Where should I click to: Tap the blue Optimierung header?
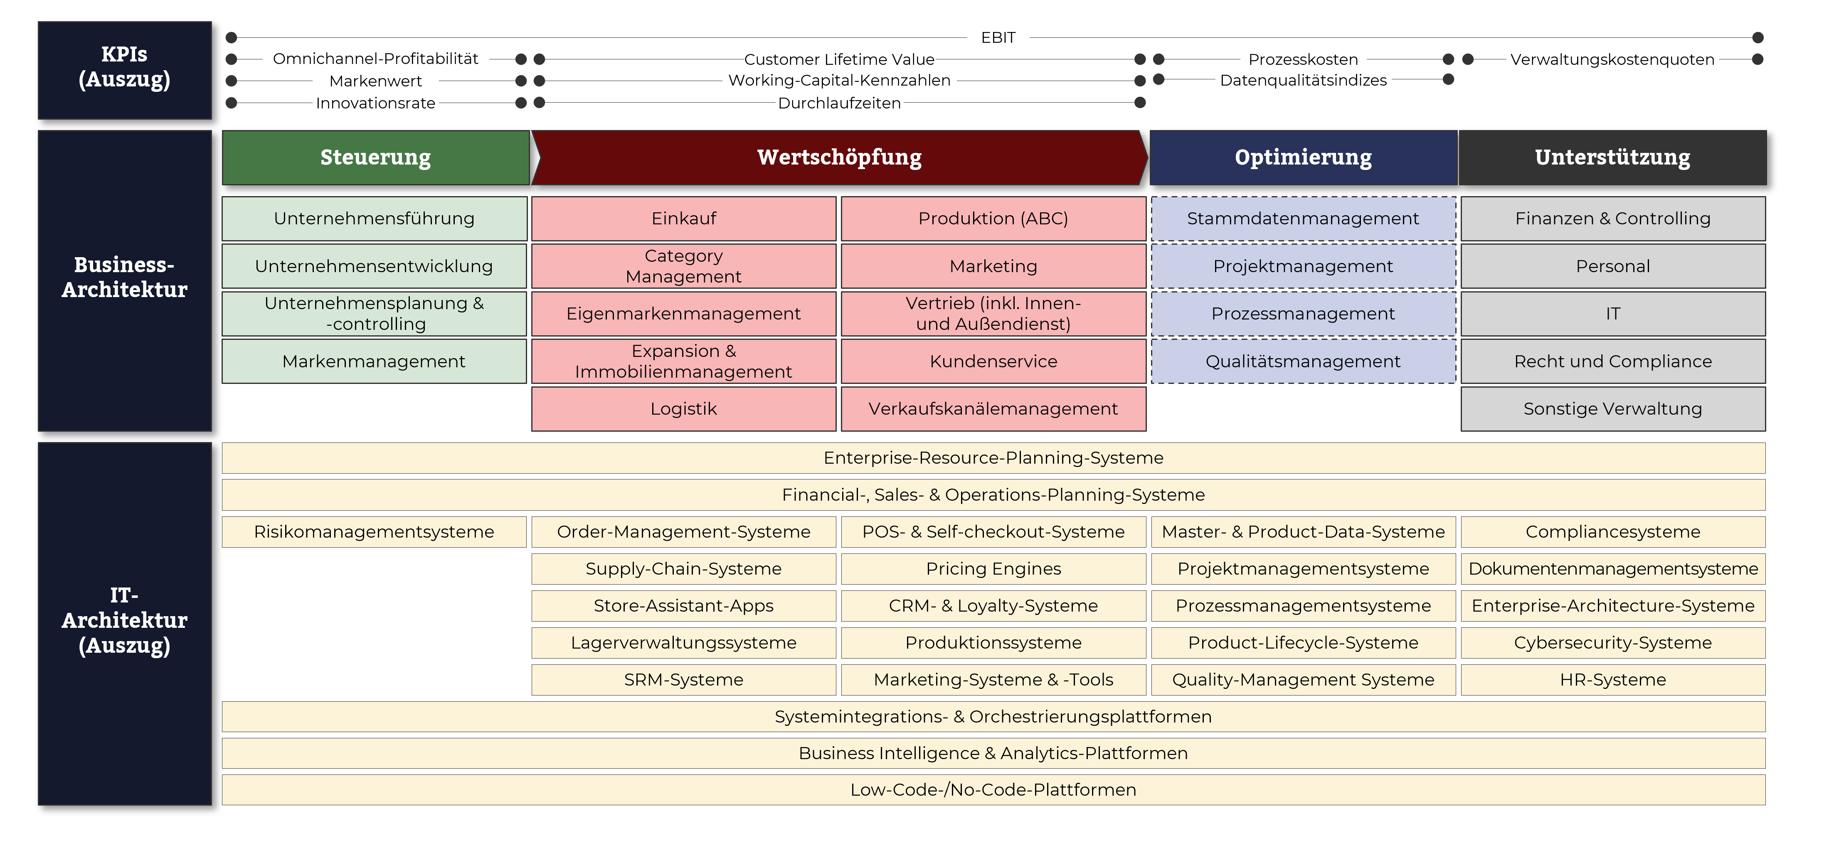coord(1303,157)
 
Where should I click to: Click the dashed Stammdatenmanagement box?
coord(1303,219)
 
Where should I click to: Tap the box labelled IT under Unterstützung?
coord(1612,314)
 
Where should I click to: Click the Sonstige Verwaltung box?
coord(1612,409)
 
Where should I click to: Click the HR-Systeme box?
coord(1612,679)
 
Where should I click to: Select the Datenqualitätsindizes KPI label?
coord(1303,80)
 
